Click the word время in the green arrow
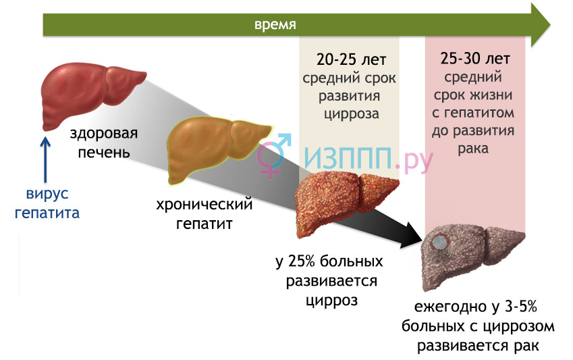275,24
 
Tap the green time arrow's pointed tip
550,25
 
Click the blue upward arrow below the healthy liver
45,159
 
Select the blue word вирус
47,194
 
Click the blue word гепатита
47,213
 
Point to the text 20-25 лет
351,59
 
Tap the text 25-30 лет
474,59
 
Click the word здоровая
104,134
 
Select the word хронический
204,205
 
